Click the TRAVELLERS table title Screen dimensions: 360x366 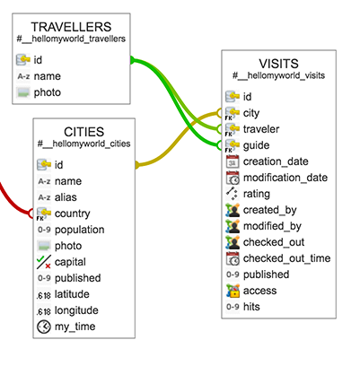coord(71,27)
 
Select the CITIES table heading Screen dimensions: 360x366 coord(84,132)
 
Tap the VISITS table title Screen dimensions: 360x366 coord(278,64)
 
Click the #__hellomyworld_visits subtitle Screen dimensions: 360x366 coord(278,75)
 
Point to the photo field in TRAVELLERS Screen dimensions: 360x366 coord(48,92)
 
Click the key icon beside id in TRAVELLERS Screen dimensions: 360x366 coord(23,60)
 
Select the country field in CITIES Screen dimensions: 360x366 coord(72,213)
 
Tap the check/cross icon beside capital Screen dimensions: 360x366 coord(44,262)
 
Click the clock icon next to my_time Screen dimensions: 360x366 coord(44,327)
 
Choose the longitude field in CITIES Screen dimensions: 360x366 coord(76,310)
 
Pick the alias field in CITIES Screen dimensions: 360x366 coord(66,197)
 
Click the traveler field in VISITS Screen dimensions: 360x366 coord(261,129)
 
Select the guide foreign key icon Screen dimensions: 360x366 coord(233,145)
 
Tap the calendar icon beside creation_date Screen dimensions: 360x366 coord(233,161)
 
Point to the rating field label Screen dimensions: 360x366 coord(257,194)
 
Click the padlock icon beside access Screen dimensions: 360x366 coord(233,291)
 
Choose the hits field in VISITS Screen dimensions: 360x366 coord(251,307)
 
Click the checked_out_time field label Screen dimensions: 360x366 coord(286,258)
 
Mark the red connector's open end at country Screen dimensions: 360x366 coord(31,213)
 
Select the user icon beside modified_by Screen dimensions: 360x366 coord(233,226)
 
